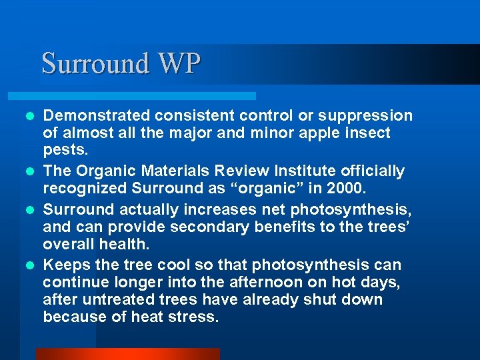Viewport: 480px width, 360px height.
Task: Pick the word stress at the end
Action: pos(197,316)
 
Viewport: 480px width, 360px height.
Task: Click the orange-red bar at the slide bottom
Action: pos(127,354)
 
